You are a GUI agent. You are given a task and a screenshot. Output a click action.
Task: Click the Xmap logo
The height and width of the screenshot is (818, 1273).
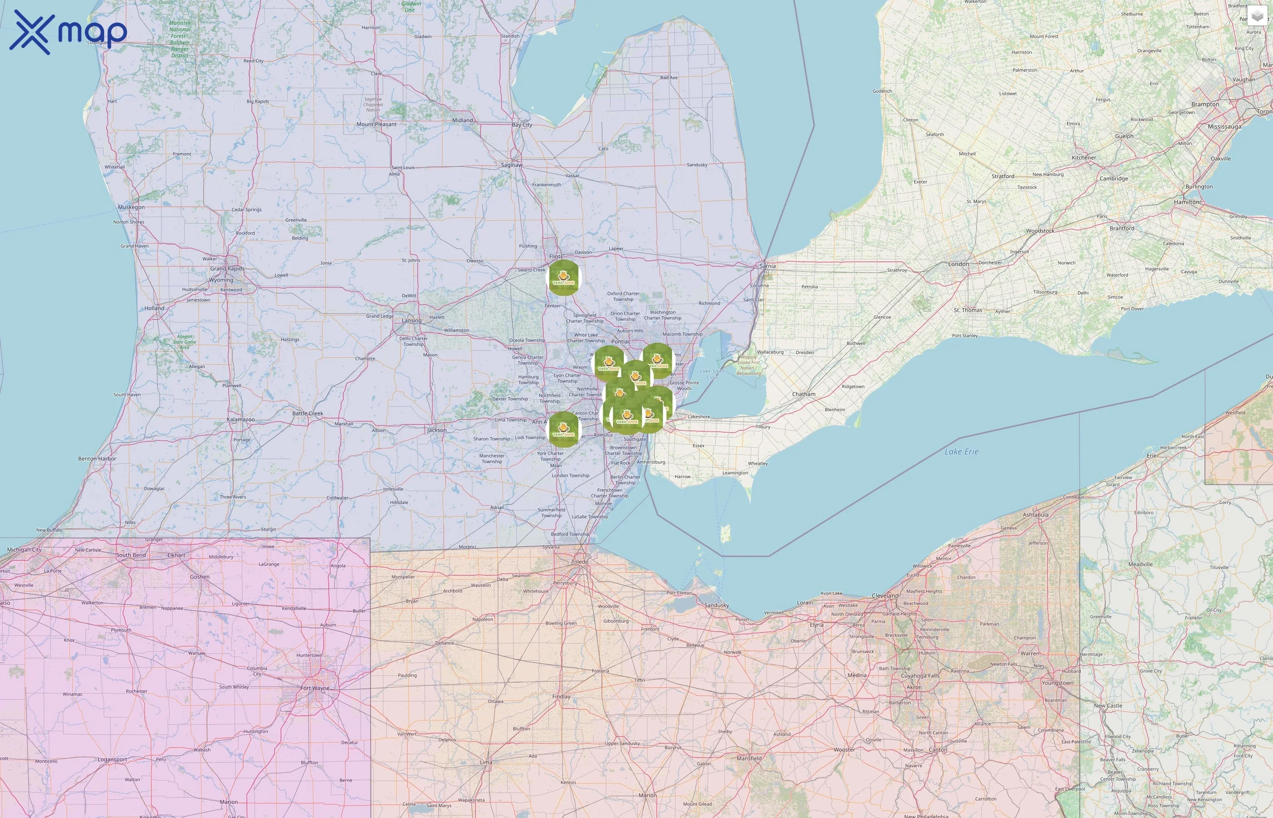click(x=68, y=32)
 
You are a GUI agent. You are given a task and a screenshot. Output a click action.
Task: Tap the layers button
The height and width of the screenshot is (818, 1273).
click(x=1257, y=16)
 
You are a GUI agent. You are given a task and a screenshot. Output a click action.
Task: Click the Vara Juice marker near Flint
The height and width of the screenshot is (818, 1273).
click(x=564, y=277)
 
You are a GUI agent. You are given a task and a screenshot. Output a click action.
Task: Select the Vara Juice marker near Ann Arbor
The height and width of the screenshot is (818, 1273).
click(x=564, y=429)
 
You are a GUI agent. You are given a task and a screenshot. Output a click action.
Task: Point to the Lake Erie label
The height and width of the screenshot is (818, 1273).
click(x=961, y=452)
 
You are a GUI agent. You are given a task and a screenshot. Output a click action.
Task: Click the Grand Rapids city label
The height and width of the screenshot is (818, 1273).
click(x=227, y=268)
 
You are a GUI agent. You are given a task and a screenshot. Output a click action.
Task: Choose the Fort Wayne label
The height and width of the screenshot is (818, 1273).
click(x=315, y=688)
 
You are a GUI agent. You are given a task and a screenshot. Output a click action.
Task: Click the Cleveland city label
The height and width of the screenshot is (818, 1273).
click(x=885, y=595)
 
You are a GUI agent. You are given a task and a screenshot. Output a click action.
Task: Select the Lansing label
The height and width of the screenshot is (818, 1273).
click(x=411, y=320)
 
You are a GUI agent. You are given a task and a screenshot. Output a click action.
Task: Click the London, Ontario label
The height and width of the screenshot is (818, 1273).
click(x=958, y=264)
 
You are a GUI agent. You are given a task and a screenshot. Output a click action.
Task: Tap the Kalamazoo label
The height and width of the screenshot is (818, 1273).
click(x=241, y=419)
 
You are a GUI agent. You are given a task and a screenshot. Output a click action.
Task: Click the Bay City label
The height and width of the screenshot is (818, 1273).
click(x=522, y=125)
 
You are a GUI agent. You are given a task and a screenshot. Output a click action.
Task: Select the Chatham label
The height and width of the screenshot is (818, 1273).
click(x=803, y=394)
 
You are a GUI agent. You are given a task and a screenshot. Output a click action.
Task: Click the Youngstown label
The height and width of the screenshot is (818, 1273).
click(x=1057, y=683)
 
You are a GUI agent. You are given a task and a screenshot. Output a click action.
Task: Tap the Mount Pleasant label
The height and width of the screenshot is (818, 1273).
click(x=376, y=125)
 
